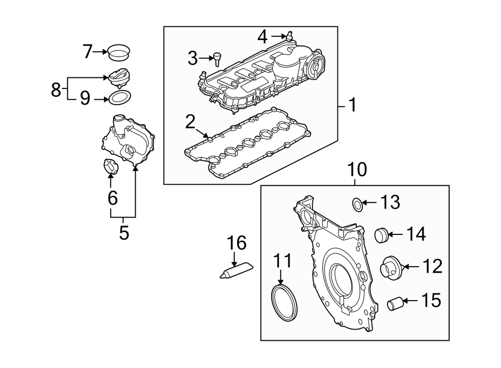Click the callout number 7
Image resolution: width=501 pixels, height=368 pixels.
(x=87, y=52)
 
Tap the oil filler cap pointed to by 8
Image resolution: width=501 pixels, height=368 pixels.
(x=120, y=77)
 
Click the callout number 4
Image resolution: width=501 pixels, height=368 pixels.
(x=263, y=37)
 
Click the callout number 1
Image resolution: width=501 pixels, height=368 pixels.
(x=351, y=105)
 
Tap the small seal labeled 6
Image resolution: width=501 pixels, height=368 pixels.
(x=110, y=166)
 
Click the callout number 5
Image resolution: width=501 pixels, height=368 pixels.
(x=124, y=232)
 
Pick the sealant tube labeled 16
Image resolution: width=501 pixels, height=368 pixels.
(x=235, y=271)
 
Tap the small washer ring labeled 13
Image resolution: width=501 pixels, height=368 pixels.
(x=356, y=204)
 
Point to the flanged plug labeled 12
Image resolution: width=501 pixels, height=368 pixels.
(x=390, y=268)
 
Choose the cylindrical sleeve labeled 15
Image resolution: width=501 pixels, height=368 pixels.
(x=395, y=304)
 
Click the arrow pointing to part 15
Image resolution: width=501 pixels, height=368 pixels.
(x=409, y=301)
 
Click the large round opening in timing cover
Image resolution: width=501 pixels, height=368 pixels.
(x=340, y=277)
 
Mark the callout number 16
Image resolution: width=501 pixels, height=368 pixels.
(x=237, y=243)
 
